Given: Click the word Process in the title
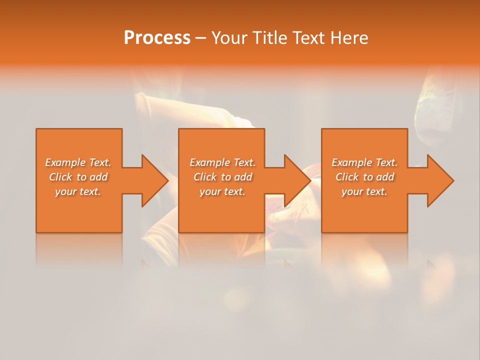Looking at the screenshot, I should [x=157, y=38].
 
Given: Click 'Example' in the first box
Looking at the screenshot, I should [x=65, y=162].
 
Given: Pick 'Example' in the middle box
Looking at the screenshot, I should [x=210, y=162].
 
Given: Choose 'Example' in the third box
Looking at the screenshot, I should [x=352, y=162].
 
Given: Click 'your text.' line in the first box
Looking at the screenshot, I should [x=77, y=191].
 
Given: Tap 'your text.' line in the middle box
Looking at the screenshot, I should [x=222, y=191].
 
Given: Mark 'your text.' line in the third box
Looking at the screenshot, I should [x=364, y=191].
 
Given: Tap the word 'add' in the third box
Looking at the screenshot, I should [x=385, y=177].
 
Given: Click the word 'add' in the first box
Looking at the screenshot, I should [x=98, y=177].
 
